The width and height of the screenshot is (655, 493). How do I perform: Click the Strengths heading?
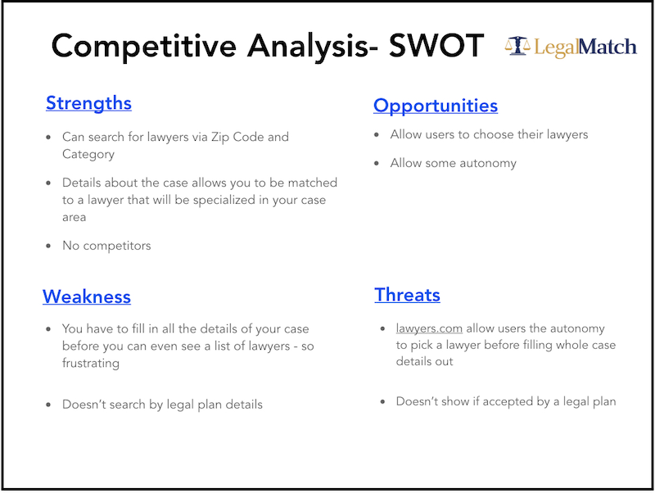(88, 103)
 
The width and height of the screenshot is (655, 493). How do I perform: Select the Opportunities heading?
(435, 106)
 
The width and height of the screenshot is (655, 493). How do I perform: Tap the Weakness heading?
(86, 296)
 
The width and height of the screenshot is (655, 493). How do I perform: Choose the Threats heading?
(407, 295)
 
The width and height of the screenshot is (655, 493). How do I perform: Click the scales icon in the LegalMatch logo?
(517, 46)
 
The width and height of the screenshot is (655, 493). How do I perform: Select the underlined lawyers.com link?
(429, 328)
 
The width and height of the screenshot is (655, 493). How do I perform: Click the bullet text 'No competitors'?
(106, 245)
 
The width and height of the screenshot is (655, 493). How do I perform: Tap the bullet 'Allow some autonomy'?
(453, 163)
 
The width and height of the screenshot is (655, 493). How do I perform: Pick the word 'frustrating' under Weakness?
(90, 363)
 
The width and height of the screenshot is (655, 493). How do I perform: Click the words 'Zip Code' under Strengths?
(237, 137)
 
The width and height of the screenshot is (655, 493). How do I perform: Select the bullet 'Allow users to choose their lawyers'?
(489, 134)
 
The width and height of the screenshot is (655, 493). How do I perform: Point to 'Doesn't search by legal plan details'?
(162, 405)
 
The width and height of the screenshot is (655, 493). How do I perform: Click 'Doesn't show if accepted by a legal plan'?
(505, 401)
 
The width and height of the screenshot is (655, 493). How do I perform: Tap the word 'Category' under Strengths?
(88, 154)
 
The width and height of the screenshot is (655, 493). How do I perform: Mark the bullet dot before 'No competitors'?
(49, 246)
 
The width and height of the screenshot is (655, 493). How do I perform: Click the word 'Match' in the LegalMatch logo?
(607, 46)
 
